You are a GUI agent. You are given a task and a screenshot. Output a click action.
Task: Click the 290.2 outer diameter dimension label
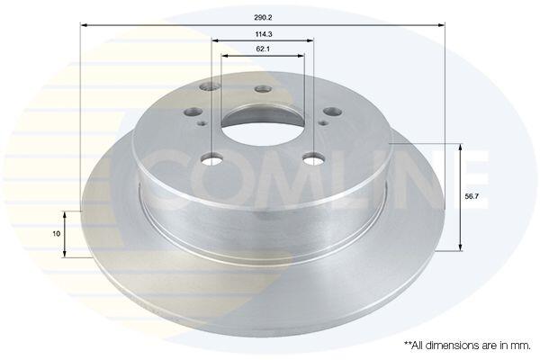pyautogui.click(x=261, y=18)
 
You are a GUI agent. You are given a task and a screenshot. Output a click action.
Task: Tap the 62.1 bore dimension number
pyautogui.click(x=263, y=49)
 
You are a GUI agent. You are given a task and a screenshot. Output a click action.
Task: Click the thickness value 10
pyautogui.click(x=56, y=234)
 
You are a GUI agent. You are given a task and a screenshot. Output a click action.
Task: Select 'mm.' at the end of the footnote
pyautogui.click(x=522, y=346)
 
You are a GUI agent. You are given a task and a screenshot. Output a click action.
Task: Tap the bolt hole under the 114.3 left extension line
pyautogui.click(x=211, y=159)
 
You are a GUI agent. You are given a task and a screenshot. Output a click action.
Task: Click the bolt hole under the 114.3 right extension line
pyautogui.click(x=313, y=159)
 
